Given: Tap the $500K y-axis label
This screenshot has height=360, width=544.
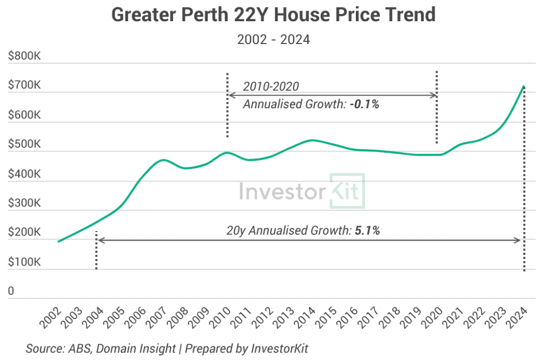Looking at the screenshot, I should [25, 144].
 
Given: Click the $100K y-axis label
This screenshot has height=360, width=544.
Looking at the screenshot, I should [25, 262].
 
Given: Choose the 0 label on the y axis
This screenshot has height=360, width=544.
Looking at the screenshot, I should [11, 292].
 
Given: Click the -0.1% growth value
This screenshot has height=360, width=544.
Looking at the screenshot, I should [364, 105].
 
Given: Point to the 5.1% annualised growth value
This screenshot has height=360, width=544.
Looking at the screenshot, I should [367, 230].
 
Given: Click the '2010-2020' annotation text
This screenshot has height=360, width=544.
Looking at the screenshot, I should [271, 86].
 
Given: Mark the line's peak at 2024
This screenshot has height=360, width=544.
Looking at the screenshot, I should [524, 86].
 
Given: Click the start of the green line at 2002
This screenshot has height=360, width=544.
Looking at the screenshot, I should [58, 242].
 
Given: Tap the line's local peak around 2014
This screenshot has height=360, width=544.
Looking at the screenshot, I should [312, 140].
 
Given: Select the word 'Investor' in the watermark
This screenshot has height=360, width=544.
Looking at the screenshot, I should [282, 191].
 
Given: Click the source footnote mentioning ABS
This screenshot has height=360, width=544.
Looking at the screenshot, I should [167, 349].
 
